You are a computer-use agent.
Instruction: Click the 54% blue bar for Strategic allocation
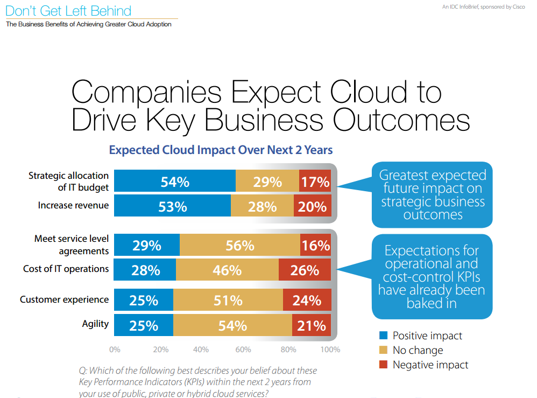(175, 182)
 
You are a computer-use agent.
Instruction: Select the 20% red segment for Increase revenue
(312, 206)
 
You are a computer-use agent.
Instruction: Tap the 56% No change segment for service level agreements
(240, 246)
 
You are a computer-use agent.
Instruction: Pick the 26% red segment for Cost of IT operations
(305, 270)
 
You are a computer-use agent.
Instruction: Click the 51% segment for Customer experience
(228, 300)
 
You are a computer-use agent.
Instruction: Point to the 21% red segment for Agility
(312, 325)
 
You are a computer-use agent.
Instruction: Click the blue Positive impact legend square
(383, 336)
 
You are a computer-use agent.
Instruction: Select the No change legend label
(418, 350)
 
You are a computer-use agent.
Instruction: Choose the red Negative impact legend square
(383, 365)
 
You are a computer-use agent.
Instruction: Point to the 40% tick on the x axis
(201, 350)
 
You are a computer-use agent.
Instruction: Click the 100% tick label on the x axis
(330, 350)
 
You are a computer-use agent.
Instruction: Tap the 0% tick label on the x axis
(115, 350)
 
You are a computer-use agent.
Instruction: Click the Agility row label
(95, 324)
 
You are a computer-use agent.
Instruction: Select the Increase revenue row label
(73, 205)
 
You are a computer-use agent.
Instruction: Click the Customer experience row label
(64, 299)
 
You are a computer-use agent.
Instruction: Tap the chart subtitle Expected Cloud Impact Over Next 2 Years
(221, 150)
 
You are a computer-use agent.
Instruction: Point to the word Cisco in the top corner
(519, 7)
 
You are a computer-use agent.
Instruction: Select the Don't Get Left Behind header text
(68, 10)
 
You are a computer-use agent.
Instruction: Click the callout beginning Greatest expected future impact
(432, 194)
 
